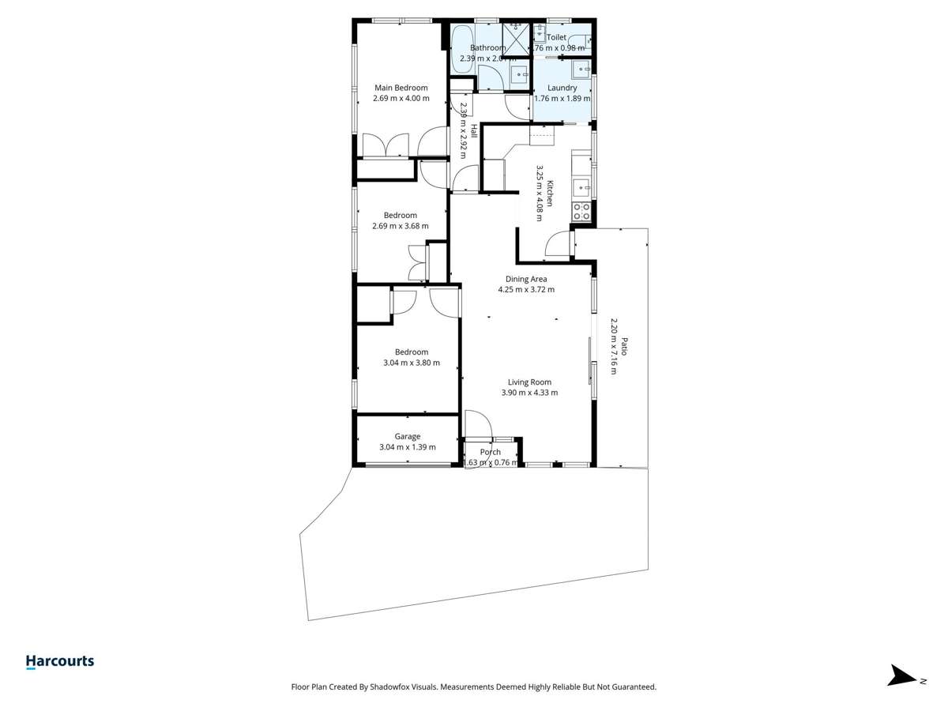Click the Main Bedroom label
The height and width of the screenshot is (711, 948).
click(x=401, y=88)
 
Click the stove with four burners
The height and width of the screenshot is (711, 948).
click(x=581, y=211)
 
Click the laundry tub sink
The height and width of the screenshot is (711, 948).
click(x=583, y=70)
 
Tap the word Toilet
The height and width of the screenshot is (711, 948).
click(x=556, y=37)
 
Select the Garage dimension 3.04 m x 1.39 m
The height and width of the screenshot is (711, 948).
click(x=408, y=447)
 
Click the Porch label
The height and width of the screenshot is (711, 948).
click(x=491, y=452)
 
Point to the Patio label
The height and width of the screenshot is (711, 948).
click(x=623, y=347)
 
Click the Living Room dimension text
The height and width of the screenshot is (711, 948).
click(x=529, y=393)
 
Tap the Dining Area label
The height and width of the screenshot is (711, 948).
click(x=526, y=279)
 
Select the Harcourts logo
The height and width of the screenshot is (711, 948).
click(x=60, y=662)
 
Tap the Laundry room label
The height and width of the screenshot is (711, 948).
click(x=562, y=88)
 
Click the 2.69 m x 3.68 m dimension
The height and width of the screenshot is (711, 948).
click(x=401, y=226)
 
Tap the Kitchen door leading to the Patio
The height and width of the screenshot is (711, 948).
click(x=559, y=243)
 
